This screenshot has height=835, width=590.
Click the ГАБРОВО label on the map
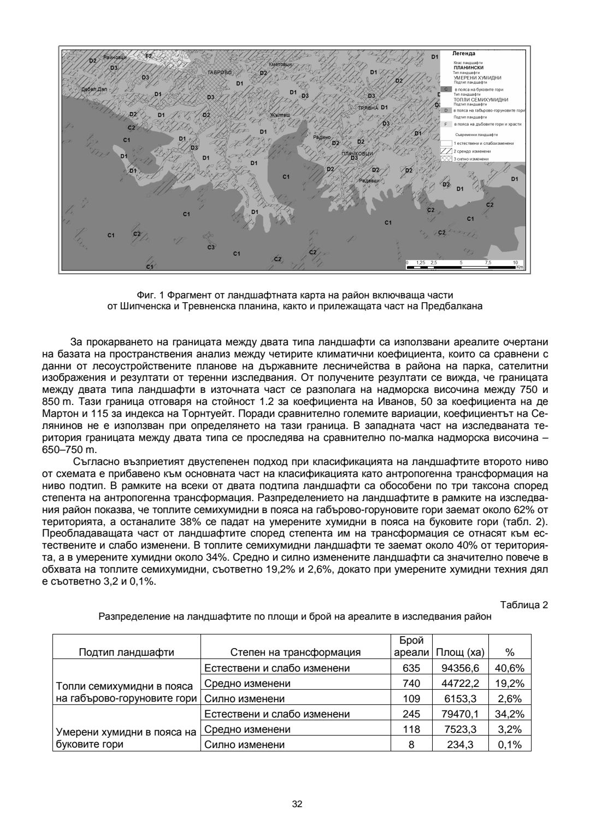click(220, 72)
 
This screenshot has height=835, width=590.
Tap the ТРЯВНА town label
click(368, 108)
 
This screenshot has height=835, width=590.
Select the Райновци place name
click(115, 57)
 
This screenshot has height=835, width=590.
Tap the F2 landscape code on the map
click(149, 56)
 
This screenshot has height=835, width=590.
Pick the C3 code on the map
click(211, 248)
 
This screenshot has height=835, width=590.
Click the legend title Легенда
click(464, 54)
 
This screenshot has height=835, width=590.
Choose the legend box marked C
click(446, 89)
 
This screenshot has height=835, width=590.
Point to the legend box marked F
click(446, 124)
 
